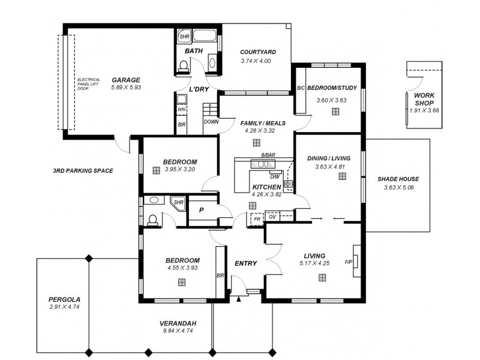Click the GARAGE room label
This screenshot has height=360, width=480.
point(125,80)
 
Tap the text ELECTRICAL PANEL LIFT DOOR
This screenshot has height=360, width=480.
point(90,84)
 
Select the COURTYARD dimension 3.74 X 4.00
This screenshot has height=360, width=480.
point(256,61)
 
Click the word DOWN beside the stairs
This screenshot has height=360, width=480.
point(211,121)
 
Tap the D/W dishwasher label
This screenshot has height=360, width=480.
point(274,176)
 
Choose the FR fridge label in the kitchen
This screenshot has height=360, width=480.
point(257,220)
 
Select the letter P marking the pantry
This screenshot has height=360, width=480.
point(202,210)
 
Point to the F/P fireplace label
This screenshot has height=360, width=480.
point(348,262)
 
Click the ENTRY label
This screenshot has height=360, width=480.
point(245,263)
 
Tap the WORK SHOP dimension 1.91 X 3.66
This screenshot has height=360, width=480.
point(424,110)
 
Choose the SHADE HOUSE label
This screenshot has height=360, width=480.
point(398,179)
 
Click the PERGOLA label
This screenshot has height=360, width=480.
point(64,299)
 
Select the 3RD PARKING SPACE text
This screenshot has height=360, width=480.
point(83,171)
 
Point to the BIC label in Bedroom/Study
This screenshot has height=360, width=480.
point(301,88)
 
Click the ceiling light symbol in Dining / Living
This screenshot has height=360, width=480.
point(342,176)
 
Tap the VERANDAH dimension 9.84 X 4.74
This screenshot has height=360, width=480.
point(179,331)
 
